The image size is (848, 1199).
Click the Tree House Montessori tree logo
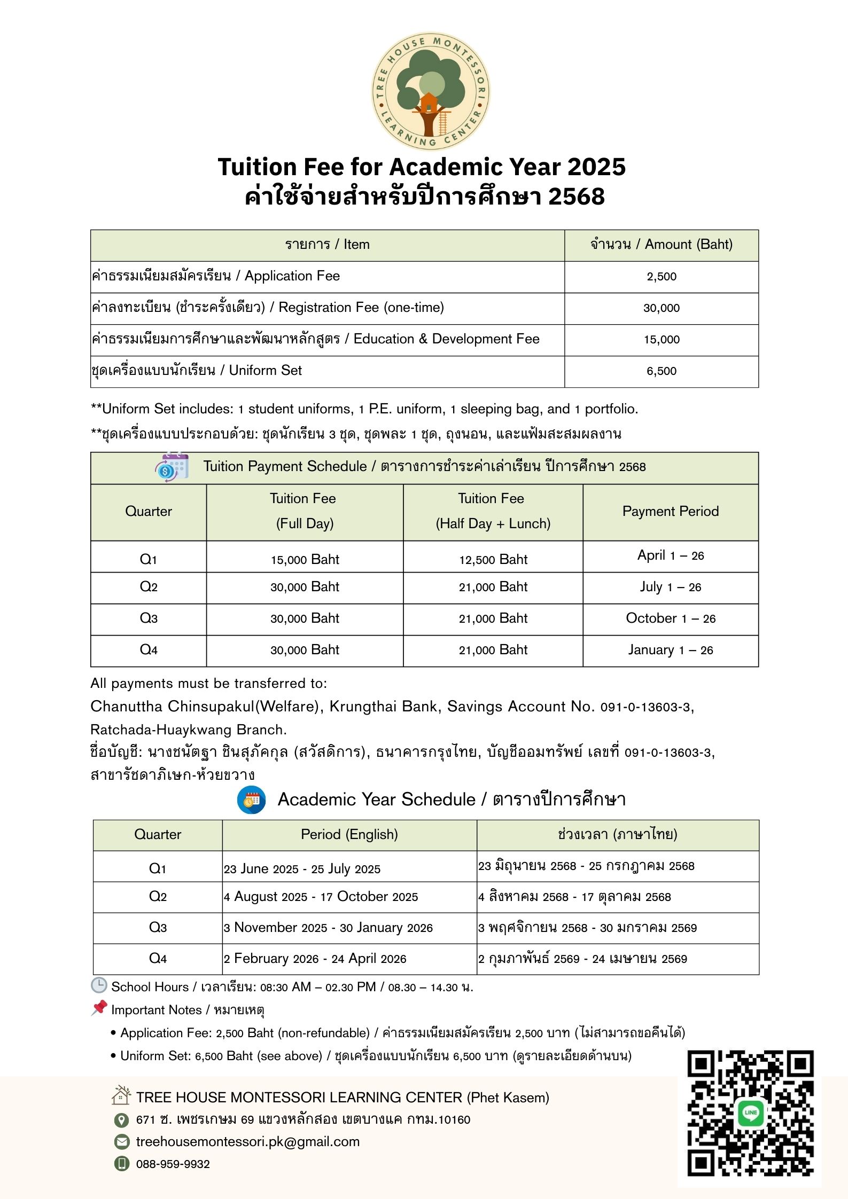click(x=430, y=90)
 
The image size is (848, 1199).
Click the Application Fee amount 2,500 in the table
click(x=661, y=277)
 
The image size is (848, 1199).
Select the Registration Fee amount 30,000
click(x=661, y=308)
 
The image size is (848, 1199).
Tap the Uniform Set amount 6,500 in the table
click(x=661, y=371)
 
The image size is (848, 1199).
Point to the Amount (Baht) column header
click(x=661, y=245)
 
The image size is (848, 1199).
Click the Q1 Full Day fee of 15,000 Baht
click(x=305, y=559)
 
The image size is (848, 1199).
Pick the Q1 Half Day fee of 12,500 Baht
click(x=493, y=559)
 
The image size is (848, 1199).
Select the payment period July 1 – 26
click(x=670, y=587)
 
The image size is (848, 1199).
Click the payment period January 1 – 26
click(x=670, y=650)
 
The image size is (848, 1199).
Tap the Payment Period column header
click(x=670, y=511)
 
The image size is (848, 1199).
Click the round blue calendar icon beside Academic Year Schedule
click(x=251, y=800)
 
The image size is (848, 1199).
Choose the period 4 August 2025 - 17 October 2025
click(x=321, y=897)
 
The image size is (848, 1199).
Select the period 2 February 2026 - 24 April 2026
click(x=315, y=959)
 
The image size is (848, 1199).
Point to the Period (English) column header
click(x=349, y=835)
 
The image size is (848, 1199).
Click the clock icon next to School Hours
click(x=99, y=986)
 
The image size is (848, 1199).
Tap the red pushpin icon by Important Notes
click(x=99, y=1008)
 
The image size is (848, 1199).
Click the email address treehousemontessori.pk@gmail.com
click(x=247, y=1142)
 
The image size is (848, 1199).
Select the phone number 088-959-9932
click(x=173, y=1164)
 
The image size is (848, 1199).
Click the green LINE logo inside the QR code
click(x=750, y=1113)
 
